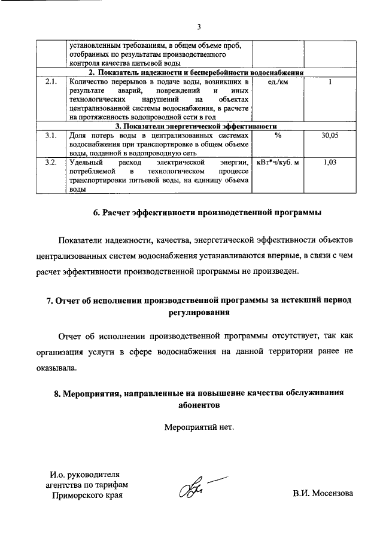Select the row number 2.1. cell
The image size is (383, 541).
[51, 81]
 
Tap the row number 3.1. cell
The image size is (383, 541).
[51, 136]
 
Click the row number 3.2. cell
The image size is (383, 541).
[51, 163]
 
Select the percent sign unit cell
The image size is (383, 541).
[278, 136]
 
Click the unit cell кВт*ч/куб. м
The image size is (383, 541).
[278, 163]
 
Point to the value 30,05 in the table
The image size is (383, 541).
[330, 136]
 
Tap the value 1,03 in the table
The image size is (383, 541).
[330, 163]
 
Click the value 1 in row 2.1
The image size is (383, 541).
[330, 81]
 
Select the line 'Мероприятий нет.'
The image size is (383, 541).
[199, 427]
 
